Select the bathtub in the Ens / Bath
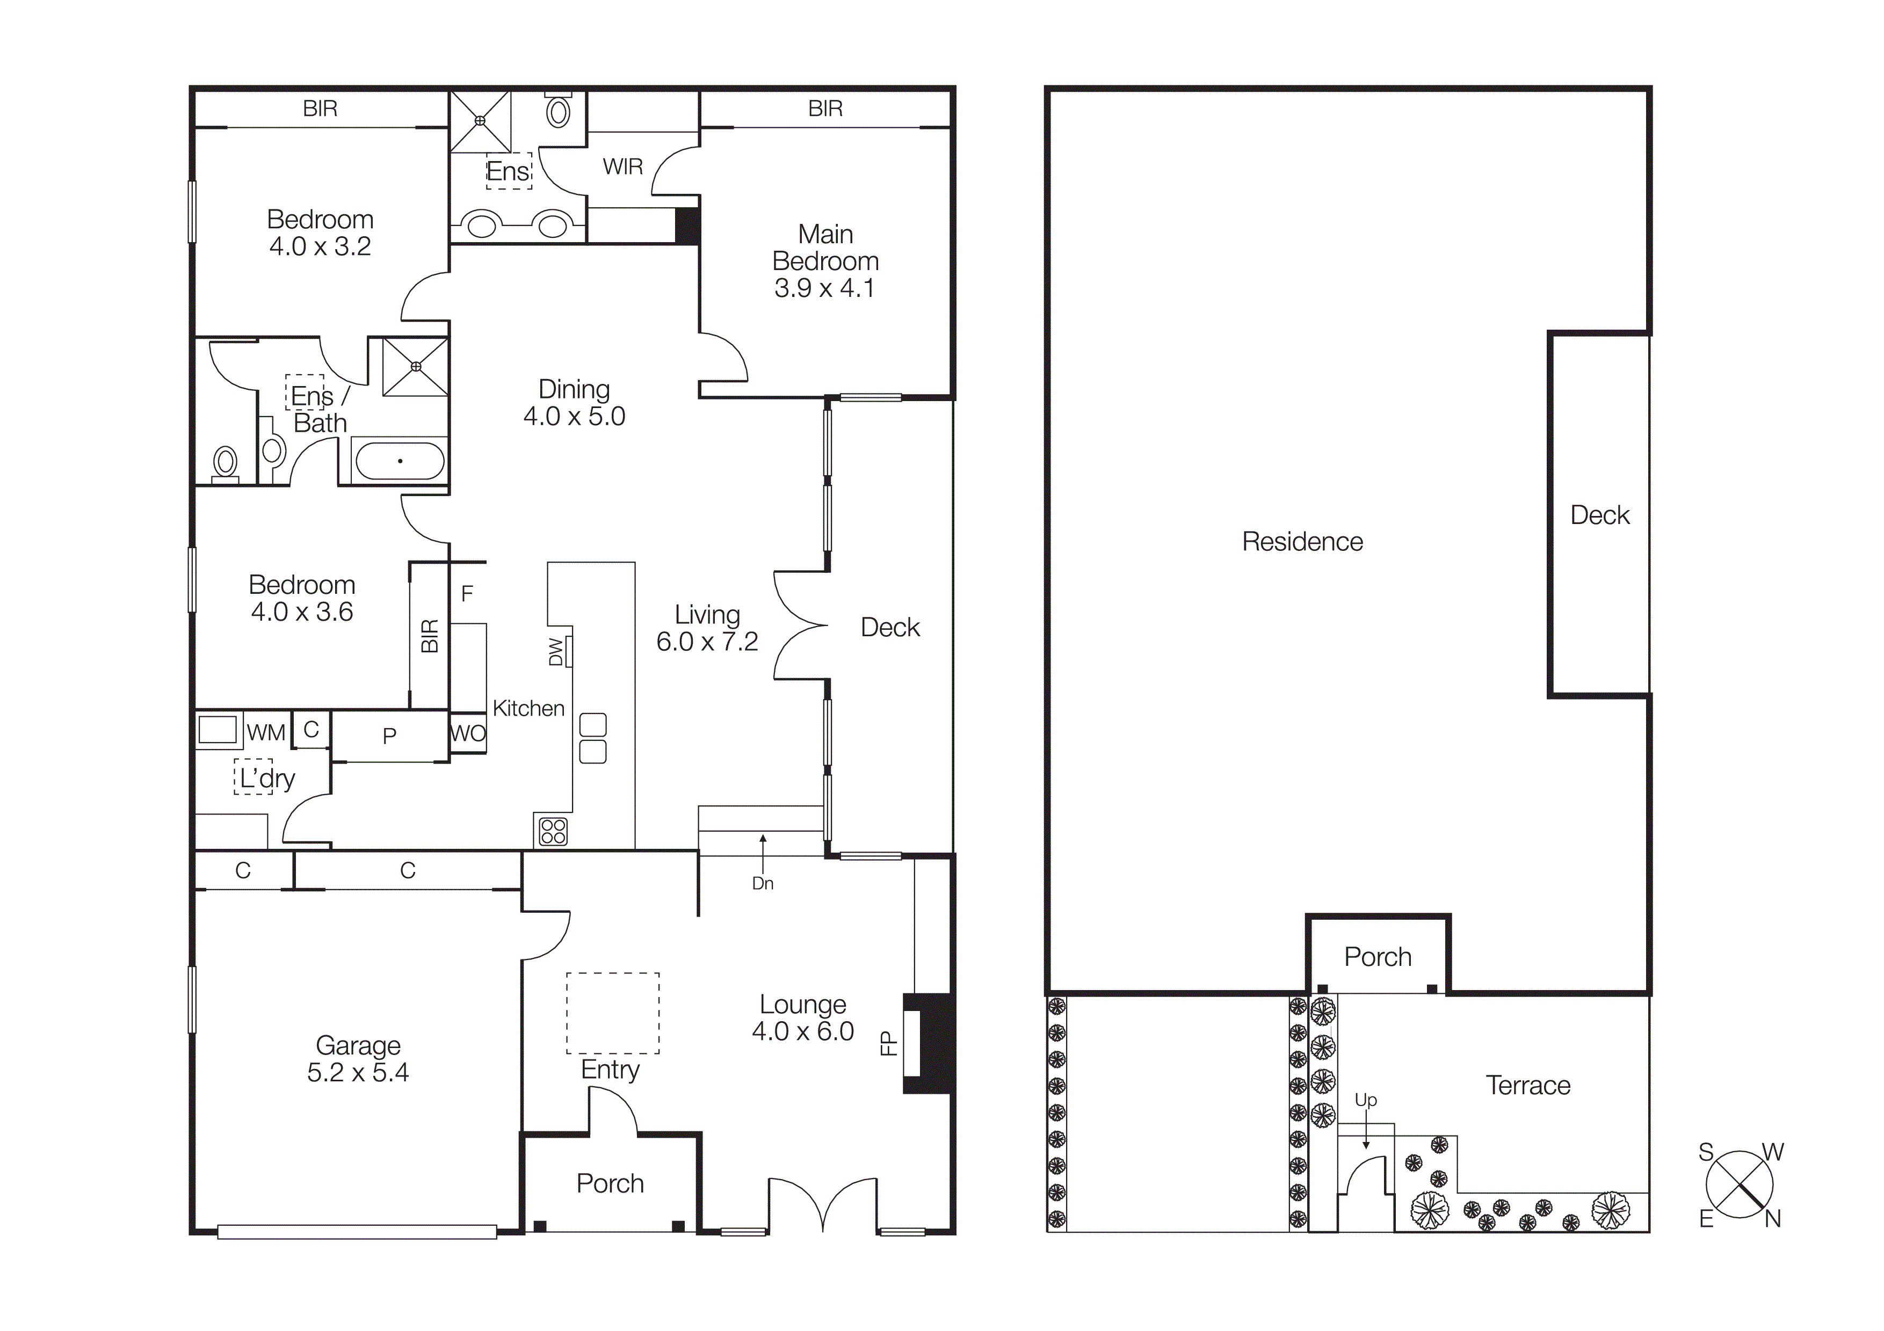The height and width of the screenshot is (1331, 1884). click(399, 461)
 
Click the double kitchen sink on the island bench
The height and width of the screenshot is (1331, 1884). click(592, 738)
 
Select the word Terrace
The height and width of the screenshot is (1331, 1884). click(1528, 1086)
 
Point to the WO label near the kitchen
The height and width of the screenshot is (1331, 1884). click(468, 734)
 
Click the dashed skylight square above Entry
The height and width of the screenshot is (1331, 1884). click(612, 1013)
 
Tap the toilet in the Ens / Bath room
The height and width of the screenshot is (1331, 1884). click(225, 464)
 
